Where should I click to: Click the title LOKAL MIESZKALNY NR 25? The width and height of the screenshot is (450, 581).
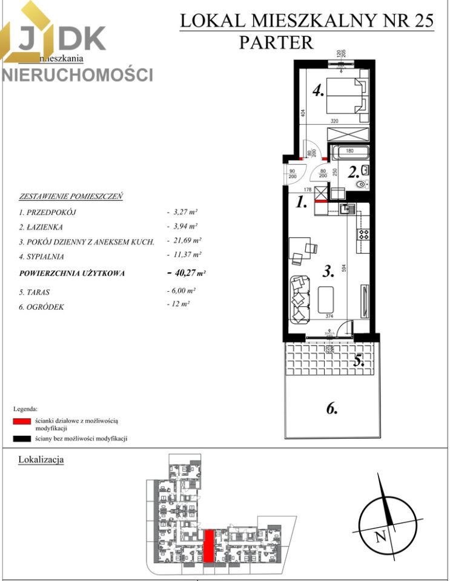pyautogui.click(x=307, y=21)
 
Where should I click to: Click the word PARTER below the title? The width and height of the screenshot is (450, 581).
pyautogui.click(x=276, y=42)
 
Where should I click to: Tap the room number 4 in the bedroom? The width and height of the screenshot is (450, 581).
pyautogui.click(x=319, y=92)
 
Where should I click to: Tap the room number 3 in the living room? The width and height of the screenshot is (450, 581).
pyautogui.click(x=328, y=272)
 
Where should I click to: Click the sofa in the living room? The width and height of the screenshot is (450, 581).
pyautogui.click(x=299, y=297)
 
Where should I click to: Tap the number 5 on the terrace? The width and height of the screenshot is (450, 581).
pyautogui.click(x=359, y=361)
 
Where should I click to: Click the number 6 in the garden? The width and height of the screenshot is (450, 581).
pyautogui.click(x=331, y=409)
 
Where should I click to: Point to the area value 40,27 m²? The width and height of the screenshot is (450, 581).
pyautogui.click(x=187, y=273)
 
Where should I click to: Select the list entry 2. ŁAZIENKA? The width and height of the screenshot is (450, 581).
pyautogui.click(x=43, y=226)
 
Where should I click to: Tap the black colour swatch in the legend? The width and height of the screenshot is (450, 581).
pyautogui.click(x=21, y=438)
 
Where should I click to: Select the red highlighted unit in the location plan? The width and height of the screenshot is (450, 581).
pyautogui.click(x=208, y=545)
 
